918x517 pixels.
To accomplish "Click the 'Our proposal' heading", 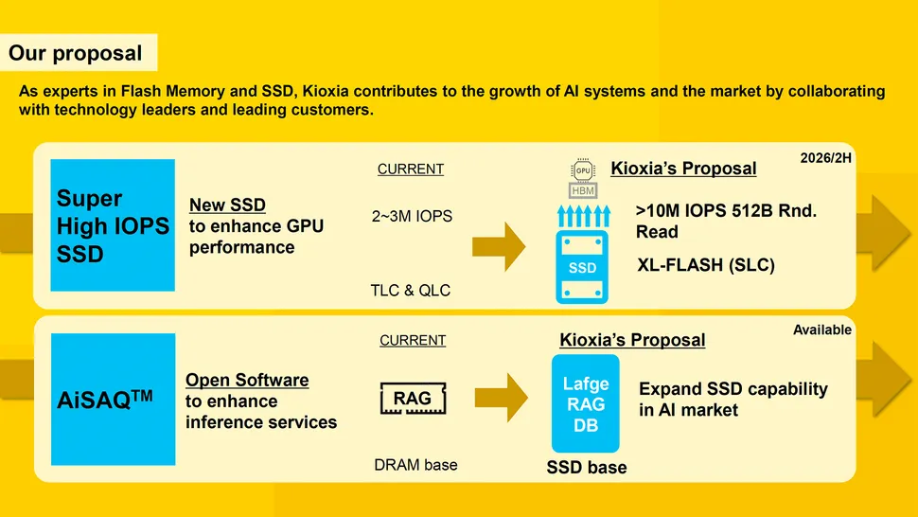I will pos(76,53).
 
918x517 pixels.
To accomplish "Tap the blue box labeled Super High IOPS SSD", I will pos(114,225).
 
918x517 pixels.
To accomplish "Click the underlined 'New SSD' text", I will pos(227,205).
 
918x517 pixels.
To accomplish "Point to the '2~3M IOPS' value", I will pos(411,217).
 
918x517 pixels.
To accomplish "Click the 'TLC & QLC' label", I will pos(410,290).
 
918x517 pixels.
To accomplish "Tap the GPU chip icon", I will pos(583,170).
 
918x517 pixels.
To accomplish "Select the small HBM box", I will pos(583,190).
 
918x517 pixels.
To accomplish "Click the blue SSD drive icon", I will pos(582,267).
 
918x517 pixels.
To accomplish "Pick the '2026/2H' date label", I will pos(825,158).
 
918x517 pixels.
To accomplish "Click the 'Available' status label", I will pos(821,330).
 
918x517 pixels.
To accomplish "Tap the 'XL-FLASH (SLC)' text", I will pos(706,265).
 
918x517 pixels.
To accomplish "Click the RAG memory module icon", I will pos(413,399).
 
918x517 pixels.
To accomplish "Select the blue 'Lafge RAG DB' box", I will pos(585,404).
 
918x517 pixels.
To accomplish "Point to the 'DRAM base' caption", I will pos(415,464).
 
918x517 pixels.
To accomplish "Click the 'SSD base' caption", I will pos(586,467).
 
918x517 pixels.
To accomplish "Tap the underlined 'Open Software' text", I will pos(247,381).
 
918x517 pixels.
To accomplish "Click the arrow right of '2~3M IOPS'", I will pos(499,247).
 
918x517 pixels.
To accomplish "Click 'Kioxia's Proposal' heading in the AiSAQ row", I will pos(632,340).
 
